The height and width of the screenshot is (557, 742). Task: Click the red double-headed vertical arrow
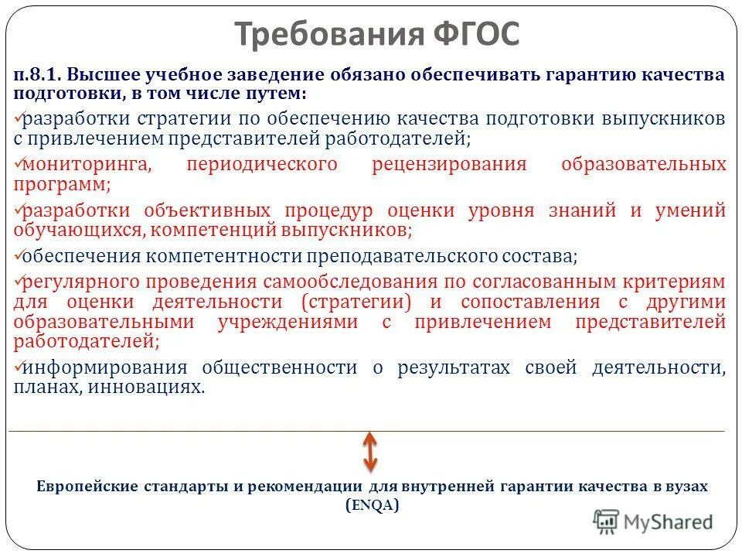coord(370,452)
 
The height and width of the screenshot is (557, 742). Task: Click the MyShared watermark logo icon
coord(607,522)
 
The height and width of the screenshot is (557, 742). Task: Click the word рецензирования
coord(449,164)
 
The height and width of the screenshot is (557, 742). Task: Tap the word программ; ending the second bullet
coord(62,184)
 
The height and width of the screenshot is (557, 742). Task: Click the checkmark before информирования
coord(19,364)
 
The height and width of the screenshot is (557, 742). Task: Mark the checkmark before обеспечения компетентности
coord(19,252)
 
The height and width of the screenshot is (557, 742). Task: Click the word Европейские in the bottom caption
coord(84,487)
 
